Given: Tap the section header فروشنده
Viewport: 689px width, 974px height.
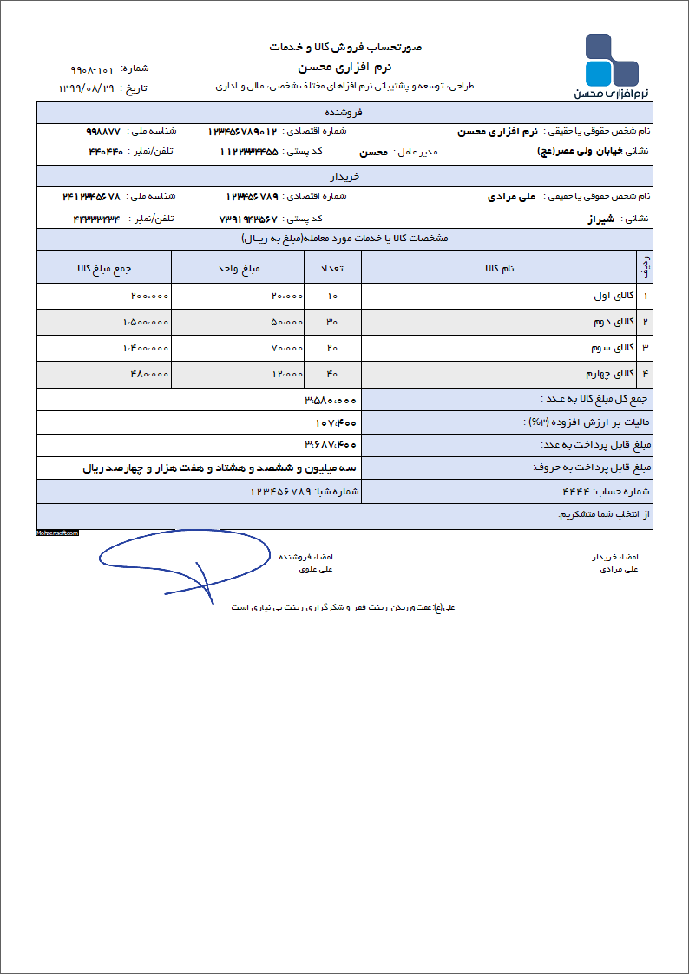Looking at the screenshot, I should click(x=345, y=113).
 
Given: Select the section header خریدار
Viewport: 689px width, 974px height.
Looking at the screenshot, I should click(x=345, y=176).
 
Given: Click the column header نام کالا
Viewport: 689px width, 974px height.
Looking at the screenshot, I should click(x=500, y=268).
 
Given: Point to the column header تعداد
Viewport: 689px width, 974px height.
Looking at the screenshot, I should click(x=331, y=268).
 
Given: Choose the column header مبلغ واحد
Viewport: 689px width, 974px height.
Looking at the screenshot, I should click(x=240, y=268).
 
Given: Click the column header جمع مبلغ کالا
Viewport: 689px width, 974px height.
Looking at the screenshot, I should click(x=104, y=268).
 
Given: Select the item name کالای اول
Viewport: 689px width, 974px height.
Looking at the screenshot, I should click(x=614, y=297).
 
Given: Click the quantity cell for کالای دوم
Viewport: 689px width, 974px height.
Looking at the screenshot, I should click(x=331, y=323).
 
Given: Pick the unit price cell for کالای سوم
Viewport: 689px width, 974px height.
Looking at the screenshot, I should click(x=287, y=349).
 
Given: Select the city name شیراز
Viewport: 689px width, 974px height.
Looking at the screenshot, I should click(x=599, y=219).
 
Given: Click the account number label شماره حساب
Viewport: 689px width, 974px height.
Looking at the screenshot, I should click(x=623, y=492).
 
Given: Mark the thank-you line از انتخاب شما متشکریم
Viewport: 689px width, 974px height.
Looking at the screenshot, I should click(x=604, y=515).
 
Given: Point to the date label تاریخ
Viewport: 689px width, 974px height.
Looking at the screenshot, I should click(x=139, y=88).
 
